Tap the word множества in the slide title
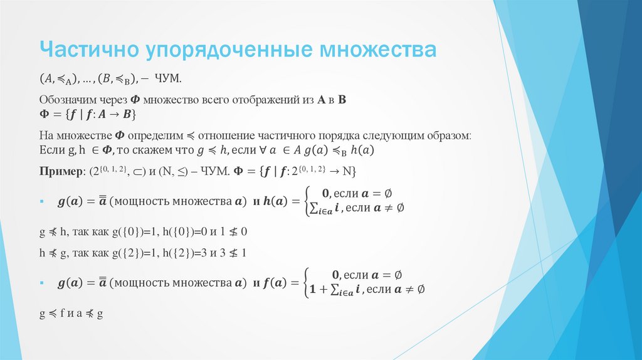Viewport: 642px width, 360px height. coord(385,49)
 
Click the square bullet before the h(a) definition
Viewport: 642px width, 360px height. coord(41,202)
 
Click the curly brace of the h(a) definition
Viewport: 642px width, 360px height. coord(308,201)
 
